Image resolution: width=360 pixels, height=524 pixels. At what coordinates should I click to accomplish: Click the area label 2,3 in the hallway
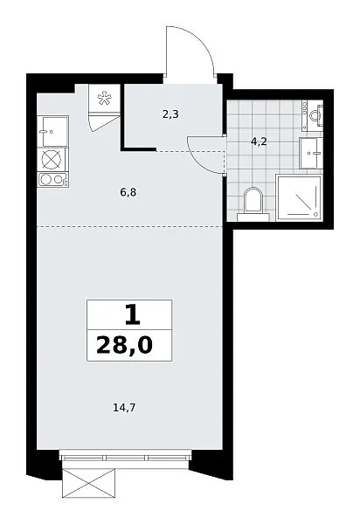coord(170,114)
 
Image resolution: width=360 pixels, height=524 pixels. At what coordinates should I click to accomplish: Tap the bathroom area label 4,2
coord(259,142)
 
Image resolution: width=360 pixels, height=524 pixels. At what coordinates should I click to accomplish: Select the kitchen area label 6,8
coord(128,192)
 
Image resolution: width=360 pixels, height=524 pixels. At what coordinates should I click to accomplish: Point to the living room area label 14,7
coord(126,408)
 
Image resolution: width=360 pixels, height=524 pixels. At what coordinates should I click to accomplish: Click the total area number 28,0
coord(124,345)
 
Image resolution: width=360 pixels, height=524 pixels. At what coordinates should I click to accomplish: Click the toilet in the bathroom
coord(253,203)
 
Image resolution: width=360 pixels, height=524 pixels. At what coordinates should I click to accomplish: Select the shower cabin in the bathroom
coord(299,197)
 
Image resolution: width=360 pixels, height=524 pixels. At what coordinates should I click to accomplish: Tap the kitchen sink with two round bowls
coord(53,180)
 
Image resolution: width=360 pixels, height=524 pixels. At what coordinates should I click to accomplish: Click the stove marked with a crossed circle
coord(52,159)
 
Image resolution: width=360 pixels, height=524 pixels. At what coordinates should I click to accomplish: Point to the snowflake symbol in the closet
coord(104,99)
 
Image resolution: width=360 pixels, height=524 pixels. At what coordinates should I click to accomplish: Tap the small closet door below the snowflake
coord(104,122)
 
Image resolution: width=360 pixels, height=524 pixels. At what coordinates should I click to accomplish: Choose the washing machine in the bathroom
coord(310,153)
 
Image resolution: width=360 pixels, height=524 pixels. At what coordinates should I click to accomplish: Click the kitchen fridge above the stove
coord(52,131)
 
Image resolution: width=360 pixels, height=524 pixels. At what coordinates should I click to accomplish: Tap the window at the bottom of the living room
coord(126,455)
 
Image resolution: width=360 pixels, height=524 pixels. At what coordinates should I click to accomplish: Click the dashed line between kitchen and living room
coord(129,227)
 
